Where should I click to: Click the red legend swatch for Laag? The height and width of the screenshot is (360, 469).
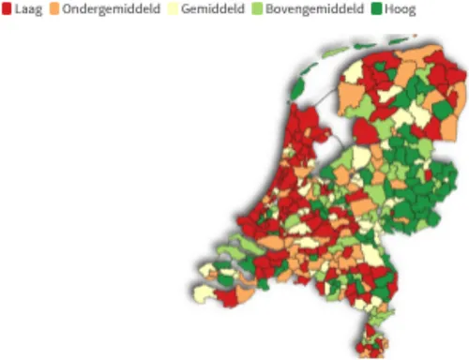click(8, 9)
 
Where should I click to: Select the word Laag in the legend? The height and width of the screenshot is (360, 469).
click(30, 9)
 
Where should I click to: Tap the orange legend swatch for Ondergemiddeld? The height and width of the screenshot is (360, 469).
click(68, 9)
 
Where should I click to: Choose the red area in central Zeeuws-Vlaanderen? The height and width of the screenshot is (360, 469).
click(225, 297)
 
